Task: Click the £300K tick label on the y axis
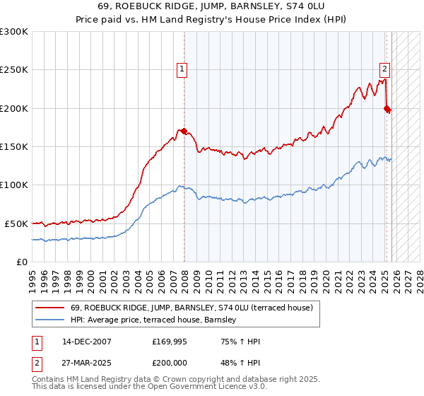14,32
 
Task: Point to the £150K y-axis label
14,146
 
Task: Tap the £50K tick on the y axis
16,223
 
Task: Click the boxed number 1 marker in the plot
182,69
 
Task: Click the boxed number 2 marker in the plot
384,69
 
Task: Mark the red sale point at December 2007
184,131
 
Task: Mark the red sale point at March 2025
387,108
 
